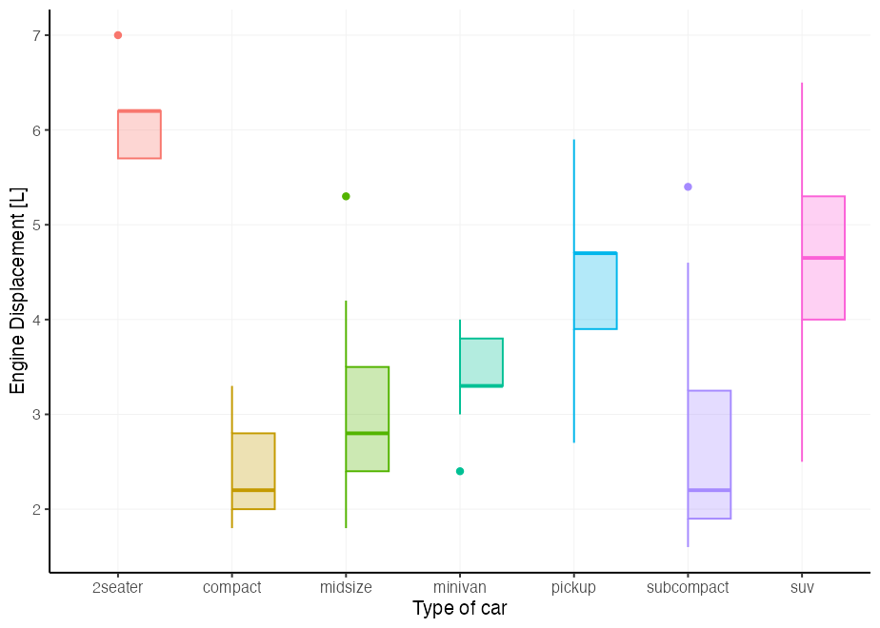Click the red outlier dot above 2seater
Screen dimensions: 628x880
[x=118, y=35]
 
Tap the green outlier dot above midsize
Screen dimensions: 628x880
[x=346, y=196]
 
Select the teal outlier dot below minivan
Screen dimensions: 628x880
[x=460, y=471]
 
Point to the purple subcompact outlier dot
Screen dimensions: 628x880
[x=688, y=186]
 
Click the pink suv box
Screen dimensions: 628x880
[x=823, y=285]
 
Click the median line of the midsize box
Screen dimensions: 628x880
[x=367, y=433]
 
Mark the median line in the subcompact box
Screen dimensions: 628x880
[x=709, y=490]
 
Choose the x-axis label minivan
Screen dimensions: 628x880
[x=460, y=587]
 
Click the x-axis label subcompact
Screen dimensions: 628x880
[x=688, y=587]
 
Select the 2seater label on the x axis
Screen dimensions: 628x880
[x=118, y=587]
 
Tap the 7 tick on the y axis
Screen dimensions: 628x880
[x=37, y=35]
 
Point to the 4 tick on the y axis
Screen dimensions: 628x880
[x=37, y=320]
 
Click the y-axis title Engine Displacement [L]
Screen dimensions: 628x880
[x=17, y=290]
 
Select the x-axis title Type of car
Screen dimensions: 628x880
[x=460, y=609]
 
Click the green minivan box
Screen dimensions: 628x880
[x=481, y=362]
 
